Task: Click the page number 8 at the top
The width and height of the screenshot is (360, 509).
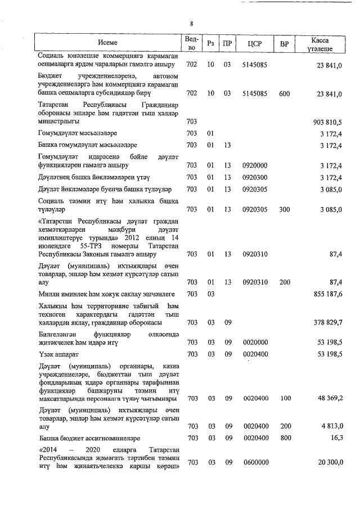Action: (191, 24)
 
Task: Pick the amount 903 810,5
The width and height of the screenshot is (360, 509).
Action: (328, 121)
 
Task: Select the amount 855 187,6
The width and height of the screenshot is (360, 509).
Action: (328, 294)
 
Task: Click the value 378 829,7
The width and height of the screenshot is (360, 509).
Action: (328, 322)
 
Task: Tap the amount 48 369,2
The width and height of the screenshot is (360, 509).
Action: (330, 398)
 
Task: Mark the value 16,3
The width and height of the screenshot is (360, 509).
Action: (336, 438)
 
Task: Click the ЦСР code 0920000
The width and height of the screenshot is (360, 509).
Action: (254, 165)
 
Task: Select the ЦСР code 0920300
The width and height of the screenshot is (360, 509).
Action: (254, 177)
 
